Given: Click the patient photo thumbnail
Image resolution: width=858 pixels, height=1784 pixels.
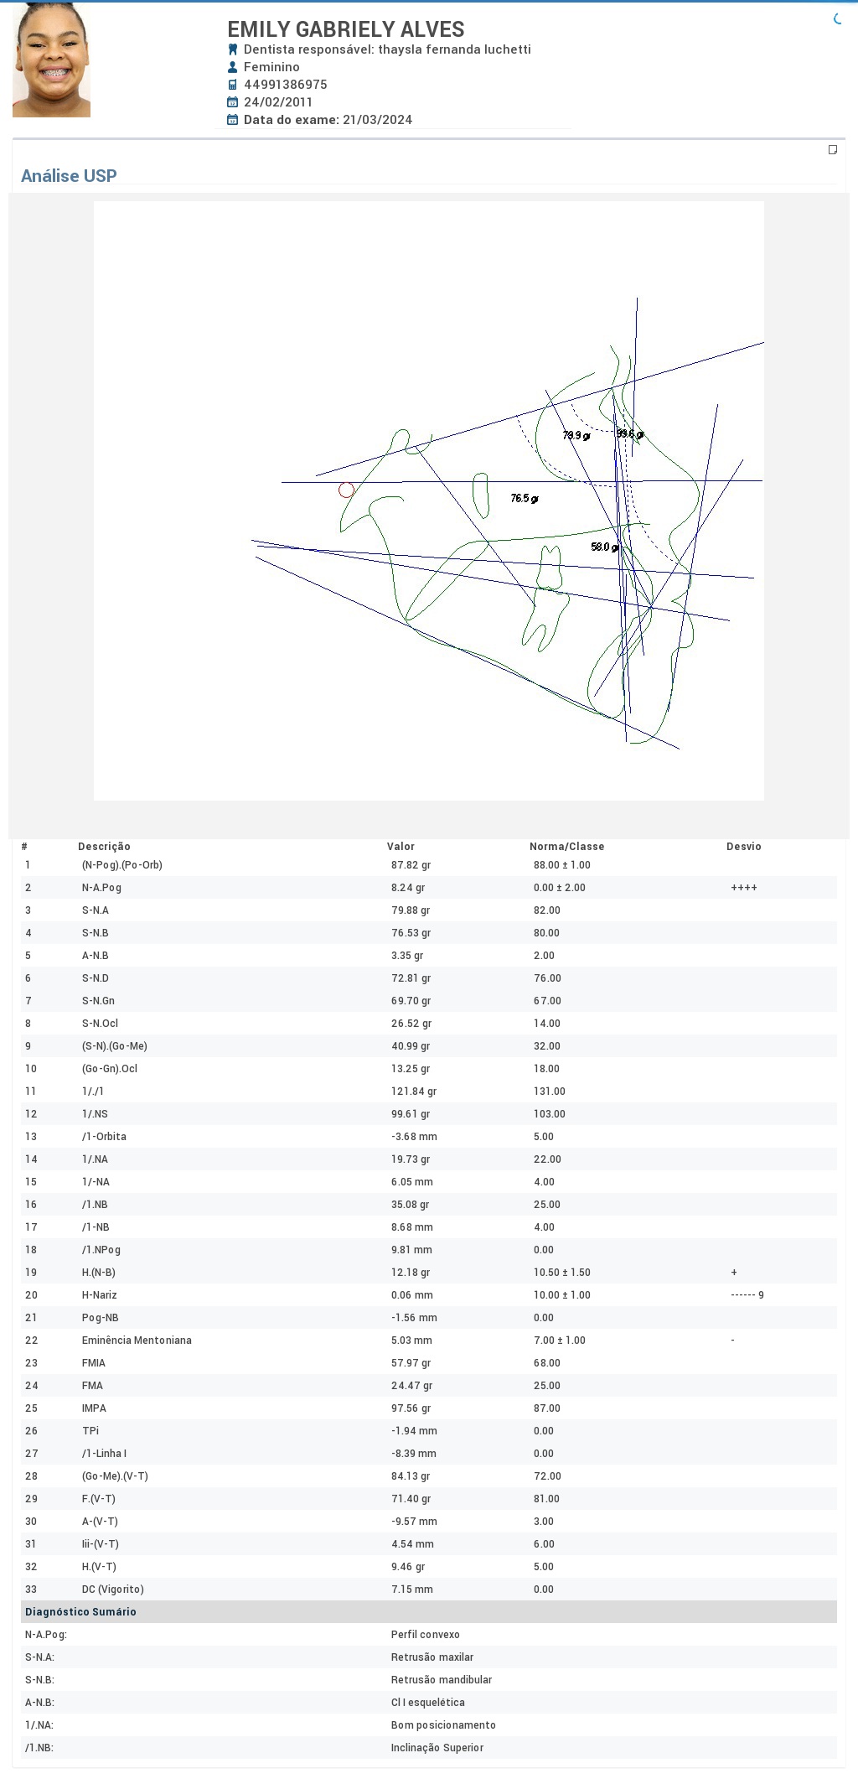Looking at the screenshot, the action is click(x=51, y=60).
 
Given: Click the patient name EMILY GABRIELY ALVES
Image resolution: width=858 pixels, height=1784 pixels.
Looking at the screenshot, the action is click(x=346, y=29).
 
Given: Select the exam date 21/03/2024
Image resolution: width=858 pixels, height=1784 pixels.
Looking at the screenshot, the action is click(x=377, y=120).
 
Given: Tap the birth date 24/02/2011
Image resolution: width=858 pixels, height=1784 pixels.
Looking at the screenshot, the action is click(x=278, y=102).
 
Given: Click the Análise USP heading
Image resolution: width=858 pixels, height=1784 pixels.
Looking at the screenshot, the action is click(x=69, y=176).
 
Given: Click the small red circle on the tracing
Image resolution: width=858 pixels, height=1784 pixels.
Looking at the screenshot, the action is click(x=346, y=490).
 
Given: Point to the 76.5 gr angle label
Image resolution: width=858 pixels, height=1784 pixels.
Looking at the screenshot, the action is click(x=525, y=499).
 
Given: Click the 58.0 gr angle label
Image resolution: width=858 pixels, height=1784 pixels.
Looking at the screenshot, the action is click(x=605, y=547).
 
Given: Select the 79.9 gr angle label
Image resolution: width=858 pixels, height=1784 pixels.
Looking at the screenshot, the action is click(x=576, y=436).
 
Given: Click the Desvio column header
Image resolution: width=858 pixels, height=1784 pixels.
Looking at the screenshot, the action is click(x=744, y=847).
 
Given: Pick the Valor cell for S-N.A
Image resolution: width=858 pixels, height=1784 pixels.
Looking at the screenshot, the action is click(x=411, y=910).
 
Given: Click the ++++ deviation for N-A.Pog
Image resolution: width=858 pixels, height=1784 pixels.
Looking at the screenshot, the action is click(x=744, y=888).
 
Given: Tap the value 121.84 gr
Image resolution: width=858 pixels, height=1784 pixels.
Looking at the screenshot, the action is click(x=414, y=1092).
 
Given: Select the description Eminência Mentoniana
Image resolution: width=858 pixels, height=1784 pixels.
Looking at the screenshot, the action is click(x=137, y=1341).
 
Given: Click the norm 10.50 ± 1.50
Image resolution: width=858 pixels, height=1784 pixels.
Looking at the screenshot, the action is click(x=562, y=1273).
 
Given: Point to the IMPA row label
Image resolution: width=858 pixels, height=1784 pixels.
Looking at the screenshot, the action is click(x=94, y=1408).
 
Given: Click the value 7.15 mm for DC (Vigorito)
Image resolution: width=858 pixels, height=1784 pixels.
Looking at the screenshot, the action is click(x=412, y=1590).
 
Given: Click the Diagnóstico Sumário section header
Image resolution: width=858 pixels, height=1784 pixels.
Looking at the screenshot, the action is click(x=80, y=1612).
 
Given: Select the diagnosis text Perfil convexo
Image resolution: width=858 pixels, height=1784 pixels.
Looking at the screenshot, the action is click(x=426, y=1635).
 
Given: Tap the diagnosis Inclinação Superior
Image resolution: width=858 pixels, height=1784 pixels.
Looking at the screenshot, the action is click(x=437, y=1748).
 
